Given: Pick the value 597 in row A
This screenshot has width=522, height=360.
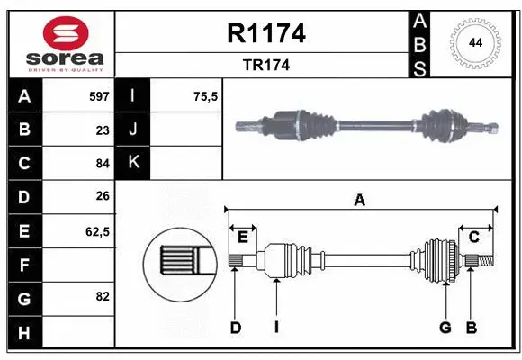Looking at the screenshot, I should pyautogui.click(x=98, y=95).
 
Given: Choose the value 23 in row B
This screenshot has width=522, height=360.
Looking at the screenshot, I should pyautogui.click(x=103, y=130).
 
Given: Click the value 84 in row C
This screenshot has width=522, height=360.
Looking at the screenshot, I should pyautogui.click(x=103, y=164).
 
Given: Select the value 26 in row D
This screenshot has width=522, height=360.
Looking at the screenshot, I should pyautogui.click(x=103, y=197).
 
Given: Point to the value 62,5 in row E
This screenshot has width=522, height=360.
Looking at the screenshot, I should pyautogui.click(x=97, y=231).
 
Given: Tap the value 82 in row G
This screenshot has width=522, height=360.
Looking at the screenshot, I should pyautogui.click(x=103, y=296).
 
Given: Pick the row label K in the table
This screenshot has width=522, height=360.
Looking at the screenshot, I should pyautogui.click(x=134, y=163).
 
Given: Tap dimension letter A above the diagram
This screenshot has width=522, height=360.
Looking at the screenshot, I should pyautogui.click(x=360, y=201).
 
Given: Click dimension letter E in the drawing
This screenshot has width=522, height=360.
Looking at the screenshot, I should pyautogui.click(x=243, y=237).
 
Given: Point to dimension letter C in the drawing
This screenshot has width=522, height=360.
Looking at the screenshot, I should pyautogui.click(x=473, y=237).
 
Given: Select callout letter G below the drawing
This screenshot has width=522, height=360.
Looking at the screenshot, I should pyautogui.click(x=445, y=328).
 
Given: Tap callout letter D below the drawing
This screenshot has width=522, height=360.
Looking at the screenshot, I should pyautogui.click(x=236, y=328).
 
